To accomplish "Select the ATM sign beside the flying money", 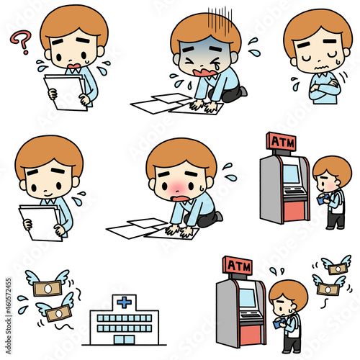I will pos(238,266).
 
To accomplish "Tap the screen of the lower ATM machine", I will pos(247,297).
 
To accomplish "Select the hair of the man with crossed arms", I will pos(317,29).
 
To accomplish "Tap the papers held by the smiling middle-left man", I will pos(41,221).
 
